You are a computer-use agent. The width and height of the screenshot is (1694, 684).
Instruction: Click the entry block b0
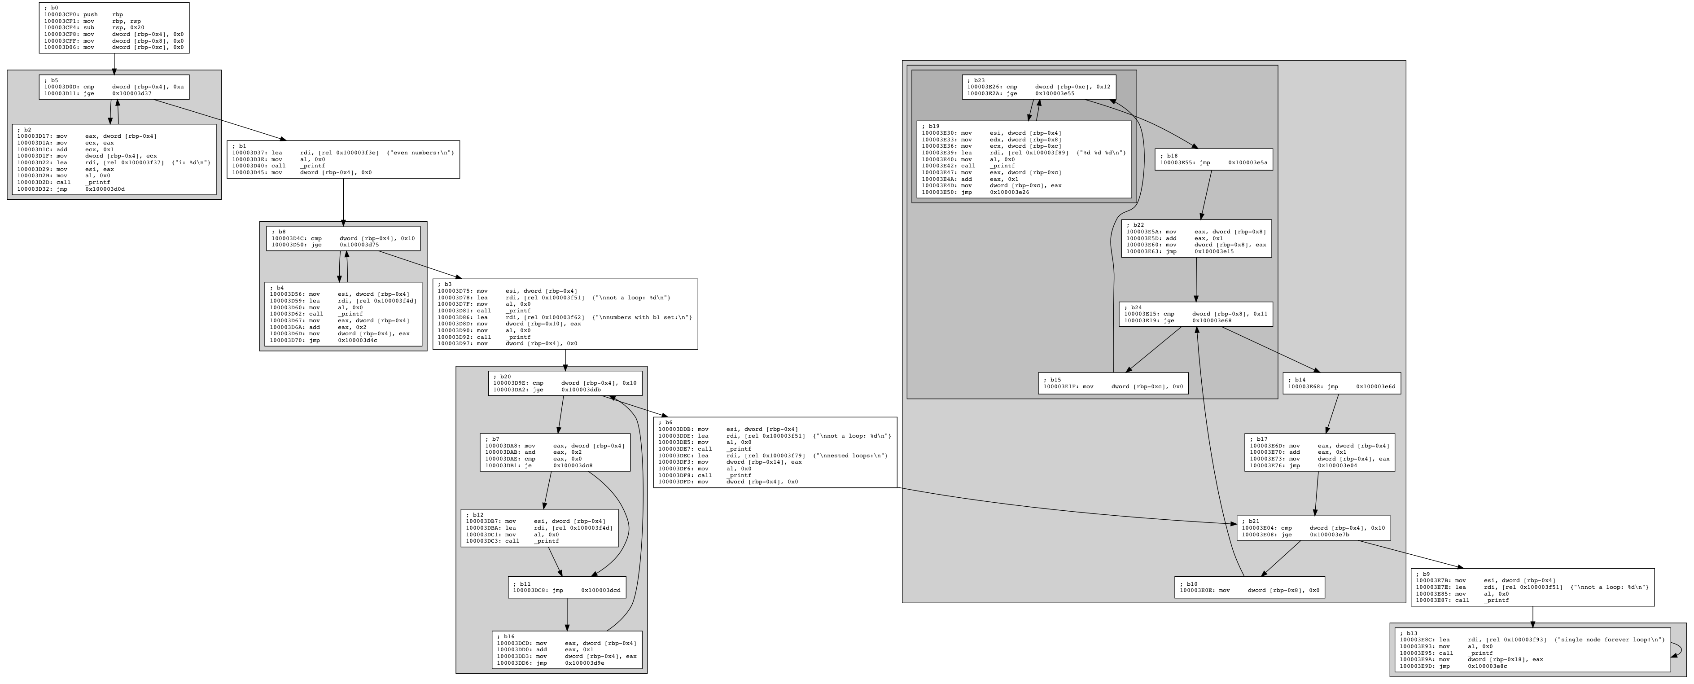tap(114, 28)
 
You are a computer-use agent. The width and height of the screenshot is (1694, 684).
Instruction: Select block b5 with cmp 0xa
tap(114, 87)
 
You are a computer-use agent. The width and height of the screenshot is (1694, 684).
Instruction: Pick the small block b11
tap(567, 587)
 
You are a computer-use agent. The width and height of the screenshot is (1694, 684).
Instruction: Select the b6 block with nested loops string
tap(775, 452)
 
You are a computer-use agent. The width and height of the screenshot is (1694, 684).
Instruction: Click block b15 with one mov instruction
tap(1113, 383)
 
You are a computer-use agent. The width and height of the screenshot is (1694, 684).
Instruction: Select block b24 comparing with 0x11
tap(1195, 314)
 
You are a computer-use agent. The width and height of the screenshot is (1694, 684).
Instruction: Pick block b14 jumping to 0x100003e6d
tap(1342, 383)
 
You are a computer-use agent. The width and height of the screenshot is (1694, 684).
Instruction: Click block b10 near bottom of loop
tap(1249, 587)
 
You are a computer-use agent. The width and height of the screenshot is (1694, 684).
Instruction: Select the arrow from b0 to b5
tap(114, 64)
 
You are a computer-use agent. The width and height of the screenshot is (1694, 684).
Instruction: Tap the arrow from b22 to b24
tap(1195, 279)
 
